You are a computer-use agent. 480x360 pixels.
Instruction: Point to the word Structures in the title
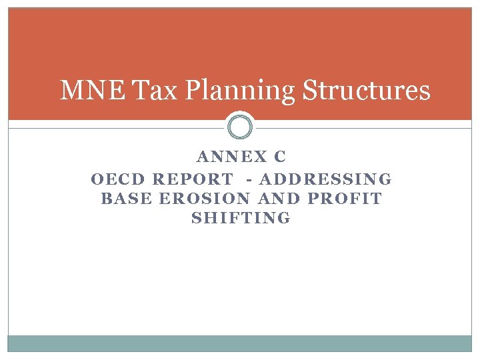pos(366,91)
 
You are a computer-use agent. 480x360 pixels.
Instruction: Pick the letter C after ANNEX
pos(280,157)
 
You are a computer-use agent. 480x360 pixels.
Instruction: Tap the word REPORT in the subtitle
pos(193,179)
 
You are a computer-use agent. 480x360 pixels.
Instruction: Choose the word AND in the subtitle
pos(279,199)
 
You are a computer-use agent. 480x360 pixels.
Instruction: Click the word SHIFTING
pos(241,218)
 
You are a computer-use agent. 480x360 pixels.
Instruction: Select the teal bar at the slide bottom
pos(240,343)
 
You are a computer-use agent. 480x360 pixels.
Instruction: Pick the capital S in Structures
pos(310,91)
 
